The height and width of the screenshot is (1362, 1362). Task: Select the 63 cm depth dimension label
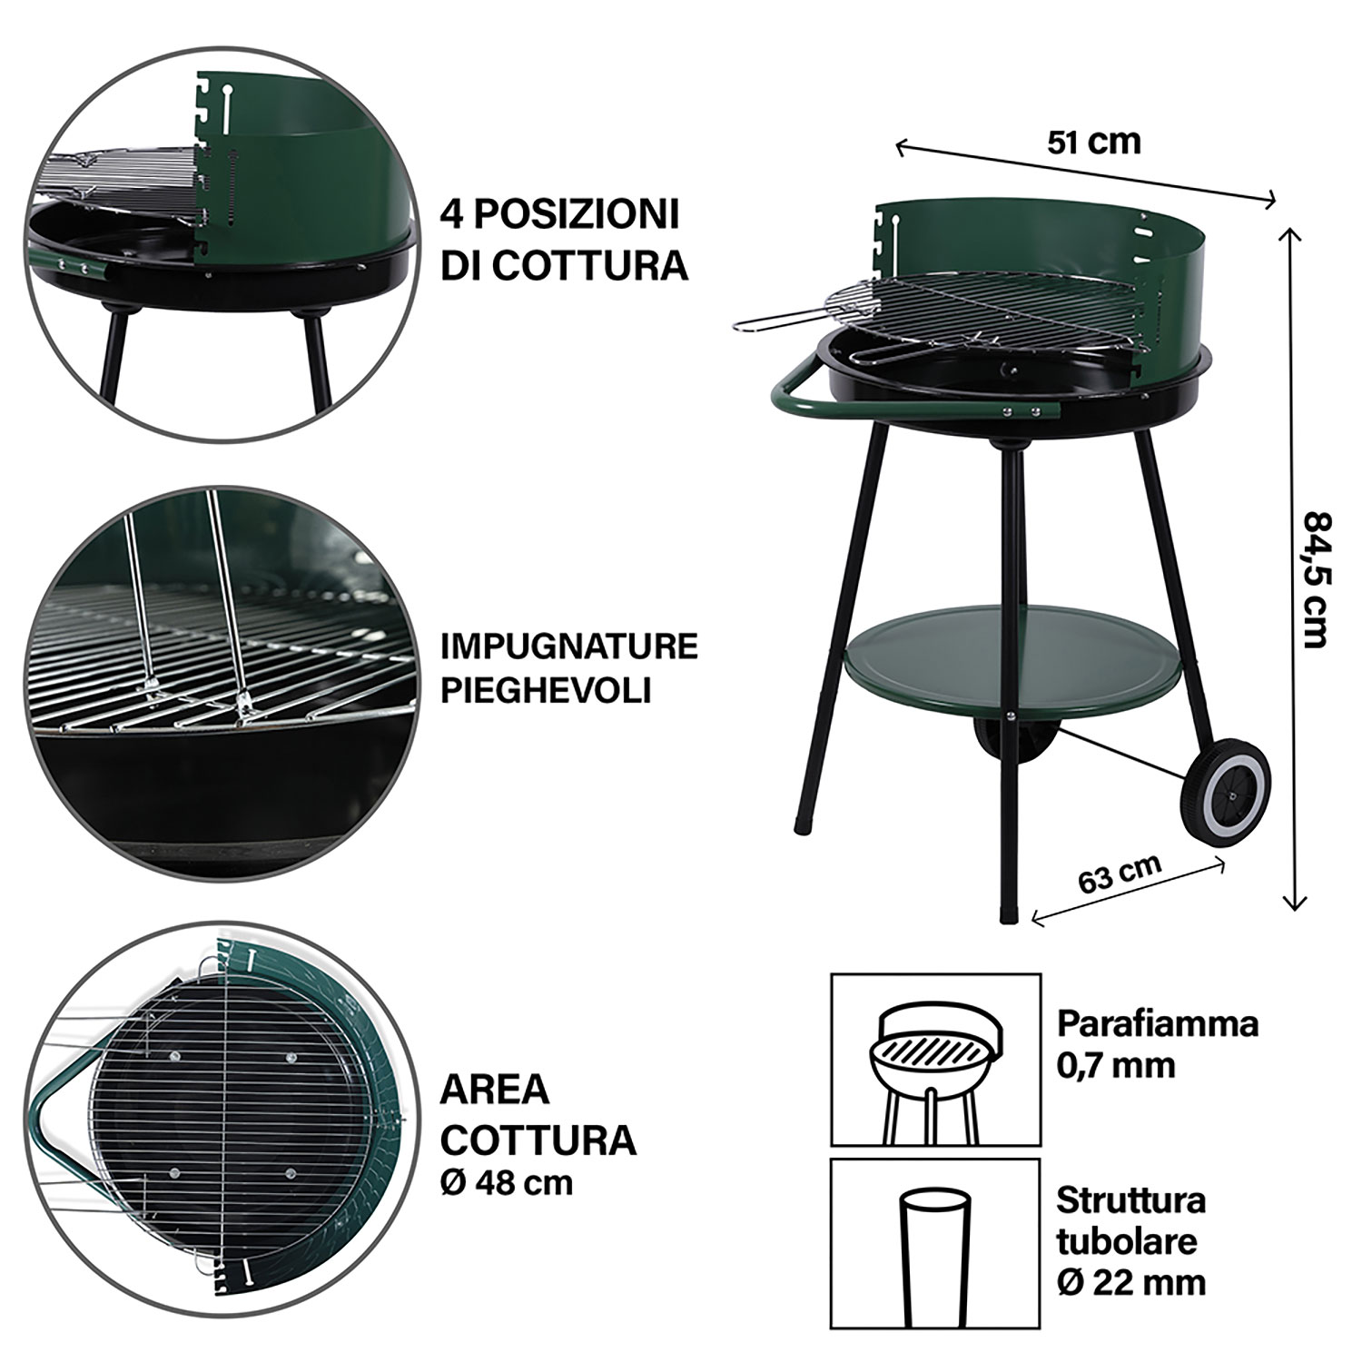(1120, 873)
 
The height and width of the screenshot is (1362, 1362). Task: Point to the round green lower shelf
(1021, 661)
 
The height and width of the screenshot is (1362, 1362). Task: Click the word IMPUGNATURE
(568, 646)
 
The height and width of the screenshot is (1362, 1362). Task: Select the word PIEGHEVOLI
(546, 690)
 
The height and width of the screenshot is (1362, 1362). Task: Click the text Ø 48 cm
(507, 1183)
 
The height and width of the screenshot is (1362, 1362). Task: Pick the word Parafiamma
(1158, 1024)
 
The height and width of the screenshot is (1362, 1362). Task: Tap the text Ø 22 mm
(1131, 1281)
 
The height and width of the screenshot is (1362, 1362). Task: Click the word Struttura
(1130, 1199)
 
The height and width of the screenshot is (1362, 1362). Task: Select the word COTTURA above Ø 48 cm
(538, 1140)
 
